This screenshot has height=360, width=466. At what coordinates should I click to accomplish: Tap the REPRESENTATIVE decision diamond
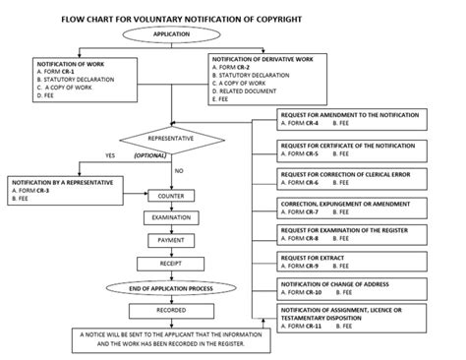(171, 139)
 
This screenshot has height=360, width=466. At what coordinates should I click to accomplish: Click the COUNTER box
(171, 196)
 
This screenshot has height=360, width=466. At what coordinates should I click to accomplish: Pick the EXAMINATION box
(171, 217)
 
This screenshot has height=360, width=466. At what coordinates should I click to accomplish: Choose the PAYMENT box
(171, 240)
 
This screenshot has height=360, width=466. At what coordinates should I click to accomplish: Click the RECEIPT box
(171, 264)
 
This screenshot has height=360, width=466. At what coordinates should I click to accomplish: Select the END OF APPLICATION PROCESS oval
(171, 288)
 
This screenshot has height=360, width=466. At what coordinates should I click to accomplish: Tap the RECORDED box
(171, 310)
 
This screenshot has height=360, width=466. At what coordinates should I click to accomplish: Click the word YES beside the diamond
(110, 155)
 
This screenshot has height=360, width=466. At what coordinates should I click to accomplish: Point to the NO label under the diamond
(179, 171)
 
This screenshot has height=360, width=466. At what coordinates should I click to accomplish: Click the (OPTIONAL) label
(149, 155)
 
